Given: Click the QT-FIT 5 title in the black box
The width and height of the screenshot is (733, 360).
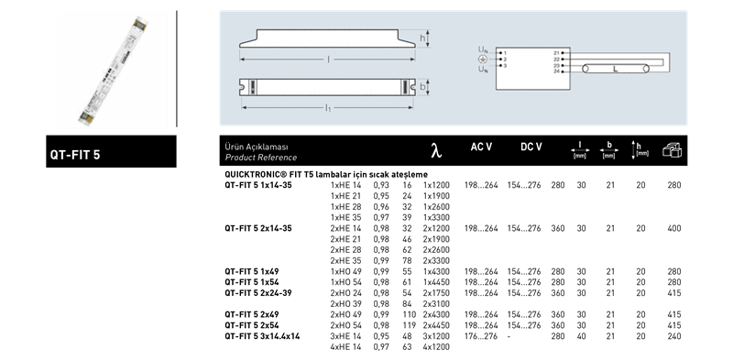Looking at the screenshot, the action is click(75, 155).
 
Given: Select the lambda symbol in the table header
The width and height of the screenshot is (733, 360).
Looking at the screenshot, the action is click(436, 150).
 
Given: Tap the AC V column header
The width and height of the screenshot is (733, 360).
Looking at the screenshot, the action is click(481, 147).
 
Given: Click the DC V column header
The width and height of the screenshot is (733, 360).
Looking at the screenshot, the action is click(531, 147).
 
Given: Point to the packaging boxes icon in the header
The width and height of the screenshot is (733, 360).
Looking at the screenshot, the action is click(672, 149).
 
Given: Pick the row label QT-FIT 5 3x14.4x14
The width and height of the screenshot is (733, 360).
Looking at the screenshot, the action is click(262, 336).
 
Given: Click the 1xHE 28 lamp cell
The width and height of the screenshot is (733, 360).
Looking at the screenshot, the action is click(345, 207).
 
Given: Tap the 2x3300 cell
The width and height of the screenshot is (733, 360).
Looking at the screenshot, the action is click(436, 261).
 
